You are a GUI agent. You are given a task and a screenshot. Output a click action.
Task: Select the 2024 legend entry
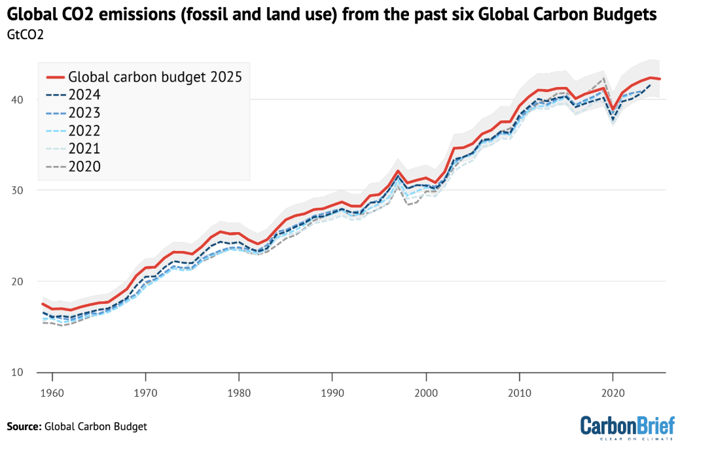[x=84, y=95]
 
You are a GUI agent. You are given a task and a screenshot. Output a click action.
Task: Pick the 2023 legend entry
[x=84, y=112]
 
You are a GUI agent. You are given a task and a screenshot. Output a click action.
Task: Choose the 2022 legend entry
[x=84, y=130]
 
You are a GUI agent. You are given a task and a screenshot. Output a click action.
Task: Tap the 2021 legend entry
[x=84, y=148]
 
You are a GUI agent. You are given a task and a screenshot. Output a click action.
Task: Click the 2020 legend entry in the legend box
[x=84, y=166]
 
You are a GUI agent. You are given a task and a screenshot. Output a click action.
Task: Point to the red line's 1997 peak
[x=398, y=171]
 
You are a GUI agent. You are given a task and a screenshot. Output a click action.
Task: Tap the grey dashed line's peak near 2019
[x=603, y=78]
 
